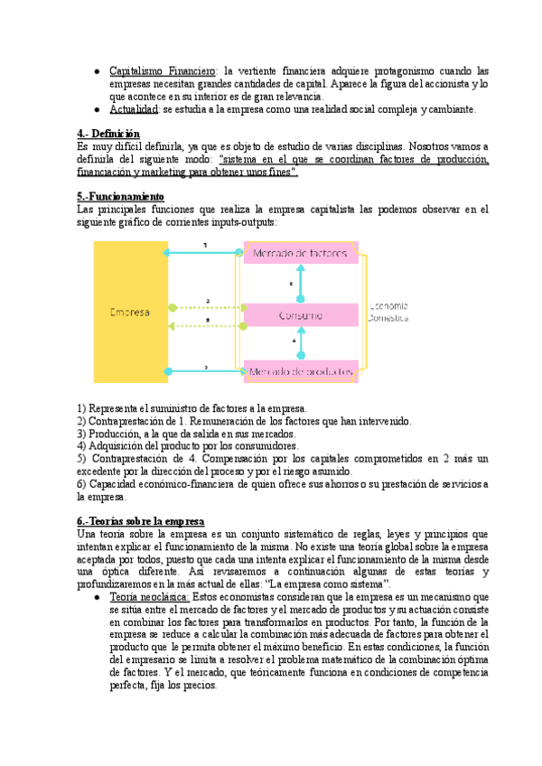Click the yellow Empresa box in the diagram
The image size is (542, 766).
tap(130, 312)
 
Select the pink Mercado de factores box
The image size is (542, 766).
tap(301, 252)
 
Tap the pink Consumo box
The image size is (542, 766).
tap(301, 315)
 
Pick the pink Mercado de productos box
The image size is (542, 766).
tap(301, 371)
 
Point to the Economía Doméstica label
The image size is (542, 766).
tap(388, 312)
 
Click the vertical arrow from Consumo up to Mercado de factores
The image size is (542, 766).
tap(302, 284)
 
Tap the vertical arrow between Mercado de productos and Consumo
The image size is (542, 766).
tap(302, 343)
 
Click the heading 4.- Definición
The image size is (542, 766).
tap(108, 134)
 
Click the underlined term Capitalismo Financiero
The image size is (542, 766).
tap(163, 70)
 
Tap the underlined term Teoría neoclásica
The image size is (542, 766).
tap(149, 598)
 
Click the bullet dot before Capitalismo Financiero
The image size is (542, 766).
tap(97, 70)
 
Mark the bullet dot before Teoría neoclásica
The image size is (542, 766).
tap(97, 598)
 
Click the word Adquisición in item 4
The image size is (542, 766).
tap(115, 446)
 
